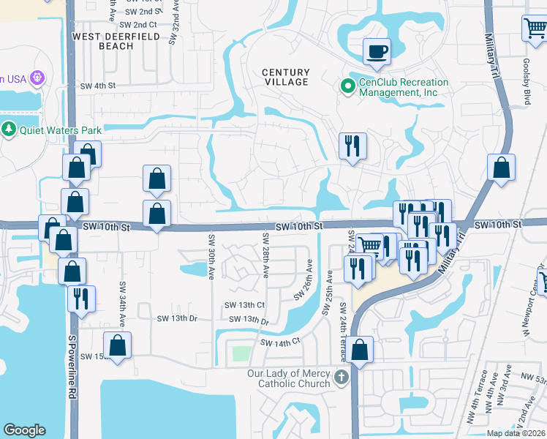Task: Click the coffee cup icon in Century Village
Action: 377,52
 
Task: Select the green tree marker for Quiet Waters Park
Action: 9,130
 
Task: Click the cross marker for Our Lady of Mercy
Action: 340,378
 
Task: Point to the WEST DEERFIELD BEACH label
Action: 102,40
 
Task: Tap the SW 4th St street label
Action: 98,86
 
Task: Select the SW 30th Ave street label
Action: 211,253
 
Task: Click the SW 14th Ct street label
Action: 281,342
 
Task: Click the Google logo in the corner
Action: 24,430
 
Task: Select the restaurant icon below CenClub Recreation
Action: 352,146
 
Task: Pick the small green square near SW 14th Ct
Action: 241,354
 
